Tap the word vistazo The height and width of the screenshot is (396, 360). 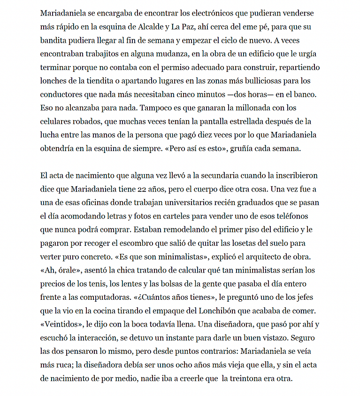point(299,338)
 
